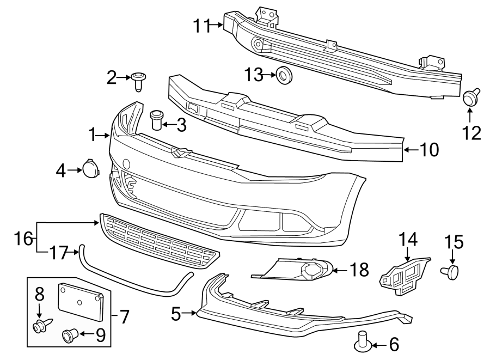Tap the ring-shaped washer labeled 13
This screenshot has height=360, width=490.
point(283,75)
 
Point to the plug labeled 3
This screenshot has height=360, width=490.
point(156,119)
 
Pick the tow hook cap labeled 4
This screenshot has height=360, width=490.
point(90,168)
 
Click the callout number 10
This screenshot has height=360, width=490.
point(430,150)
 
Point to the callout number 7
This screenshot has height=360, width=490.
point(124,316)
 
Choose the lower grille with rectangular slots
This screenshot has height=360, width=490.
point(159,241)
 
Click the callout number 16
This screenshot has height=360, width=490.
point(24,237)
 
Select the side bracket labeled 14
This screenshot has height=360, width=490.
point(404,275)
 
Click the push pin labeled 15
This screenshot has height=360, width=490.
point(453,271)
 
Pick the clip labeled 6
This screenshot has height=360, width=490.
point(363,341)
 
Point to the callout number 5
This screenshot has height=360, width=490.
point(176,313)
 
